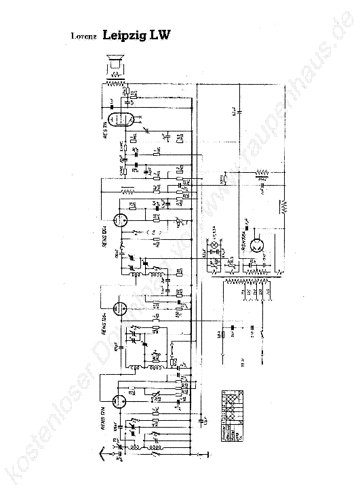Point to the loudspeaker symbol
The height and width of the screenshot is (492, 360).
(115, 65)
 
